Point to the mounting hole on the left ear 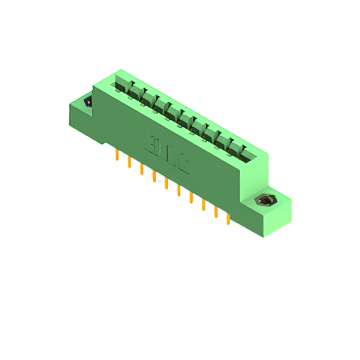[x=88, y=102]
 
